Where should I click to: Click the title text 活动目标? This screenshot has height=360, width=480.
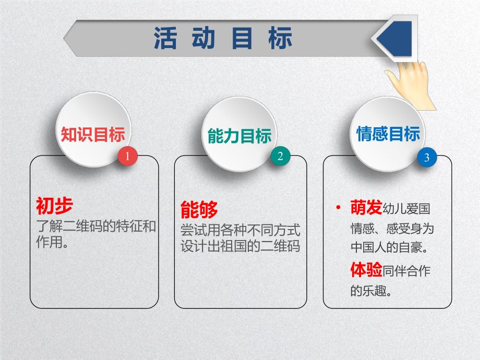click(x=223, y=38)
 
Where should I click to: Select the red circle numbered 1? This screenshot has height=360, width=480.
click(x=128, y=156)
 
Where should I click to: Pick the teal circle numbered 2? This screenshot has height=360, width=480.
click(x=280, y=157)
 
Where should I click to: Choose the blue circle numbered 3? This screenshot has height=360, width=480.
click(x=427, y=158)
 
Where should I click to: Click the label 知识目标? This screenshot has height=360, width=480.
click(x=93, y=135)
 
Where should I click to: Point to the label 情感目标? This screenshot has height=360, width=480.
click(x=388, y=134)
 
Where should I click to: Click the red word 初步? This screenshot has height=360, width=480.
click(x=54, y=206)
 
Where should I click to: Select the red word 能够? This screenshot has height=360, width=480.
click(x=199, y=209)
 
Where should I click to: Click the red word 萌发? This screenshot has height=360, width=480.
click(x=366, y=208)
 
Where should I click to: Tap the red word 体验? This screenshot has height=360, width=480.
click(x=366, y=270)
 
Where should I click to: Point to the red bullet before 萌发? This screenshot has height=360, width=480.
click(x=340, y=209)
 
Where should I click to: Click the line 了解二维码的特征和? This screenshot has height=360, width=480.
click(x=97, y=227)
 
